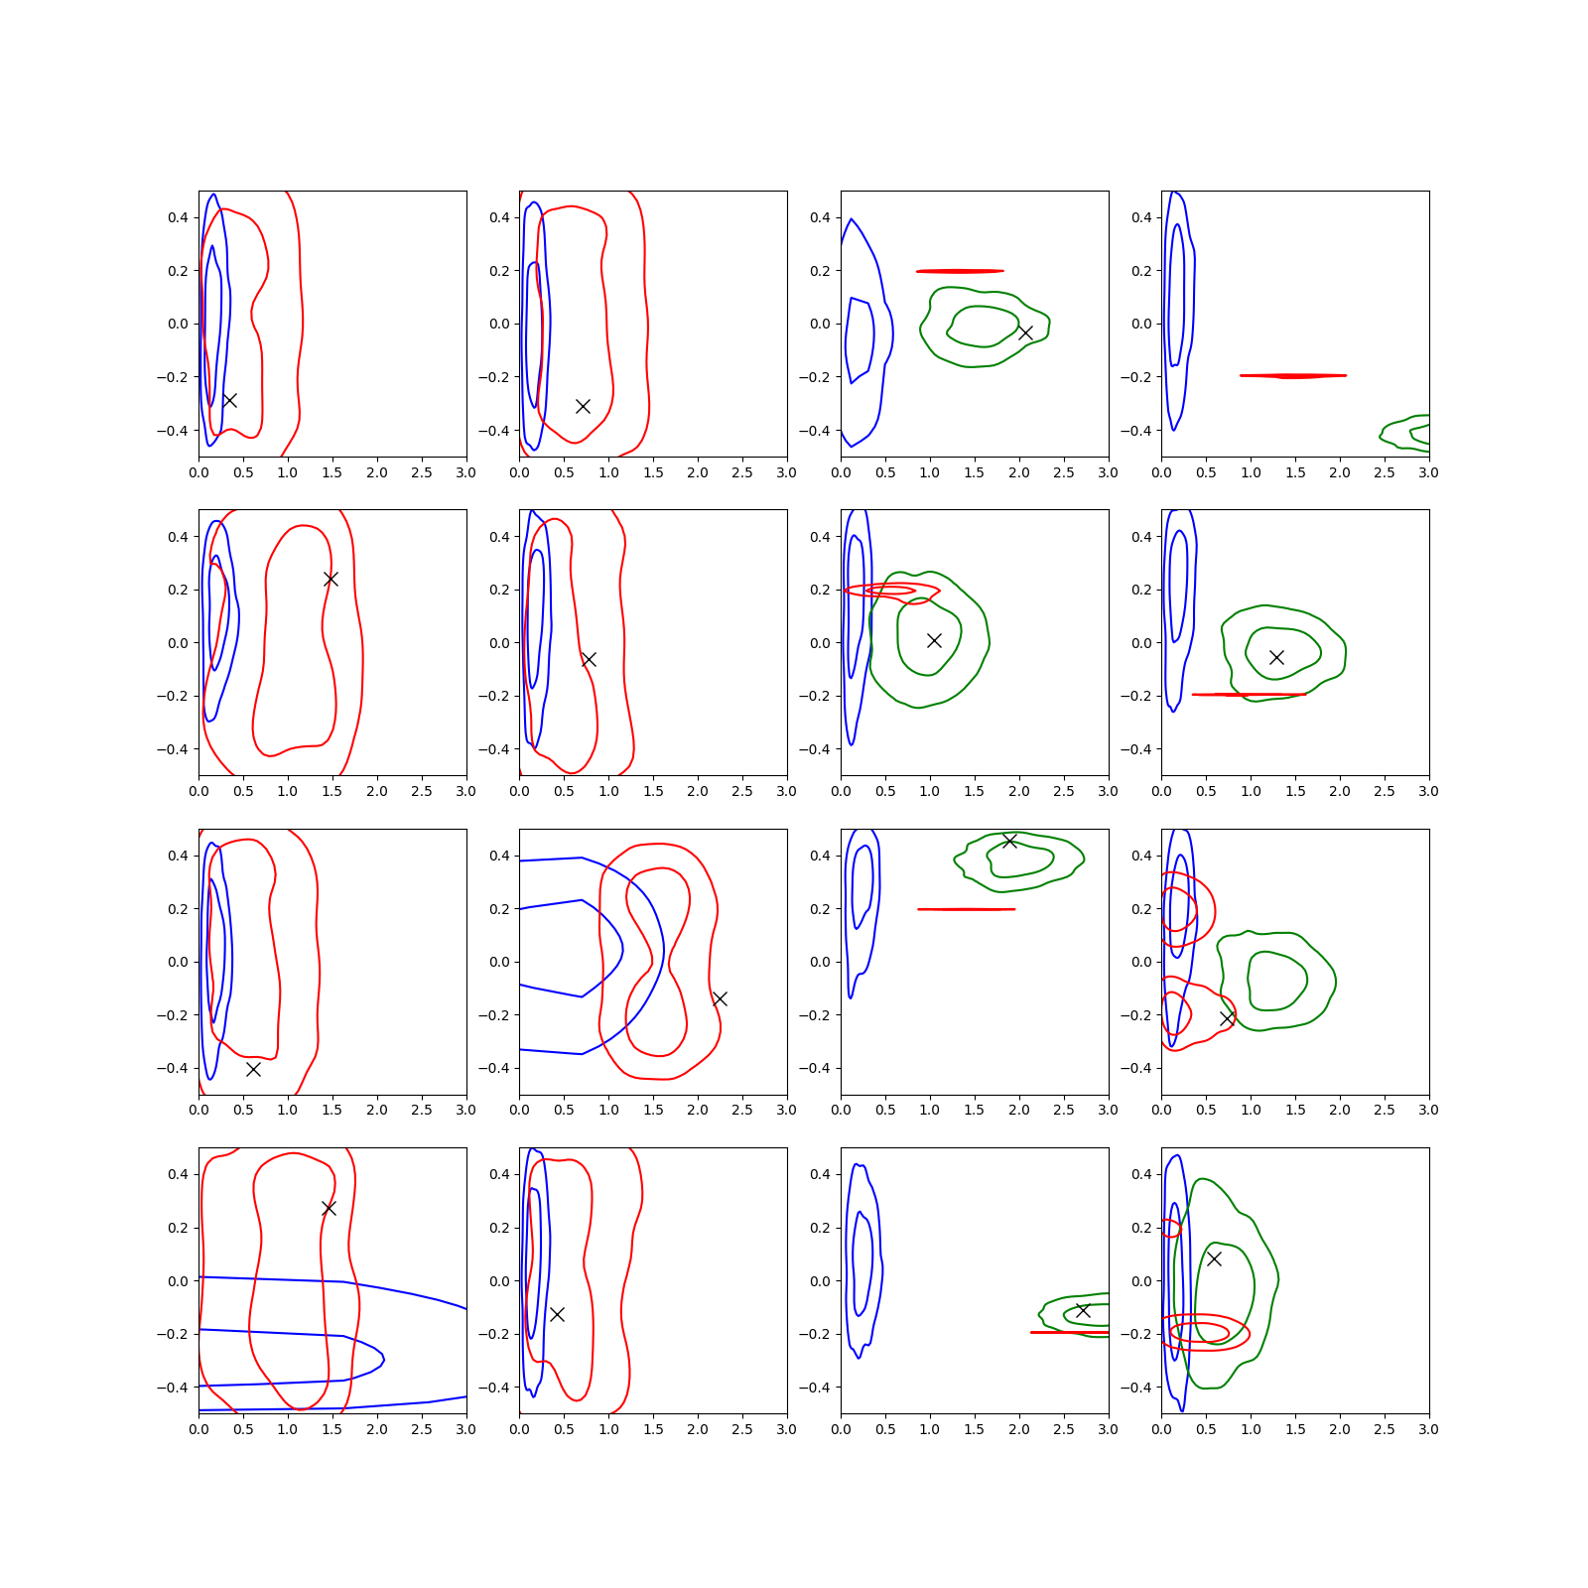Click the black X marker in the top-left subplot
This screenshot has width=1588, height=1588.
pos(229,400)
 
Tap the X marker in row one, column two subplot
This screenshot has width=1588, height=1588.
pos(584,406)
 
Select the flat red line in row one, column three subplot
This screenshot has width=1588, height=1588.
pos(960,271)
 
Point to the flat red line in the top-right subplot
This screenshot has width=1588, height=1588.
pos(1293,376)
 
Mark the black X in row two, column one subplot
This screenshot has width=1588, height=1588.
pos(331,579)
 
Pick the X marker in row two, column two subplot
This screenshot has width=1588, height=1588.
pos(589,659)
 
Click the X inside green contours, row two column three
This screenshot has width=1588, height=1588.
pos(934,640)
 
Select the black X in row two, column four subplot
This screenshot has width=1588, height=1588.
pos(1276,657)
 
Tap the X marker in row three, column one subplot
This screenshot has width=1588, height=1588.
pos(253,1069)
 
